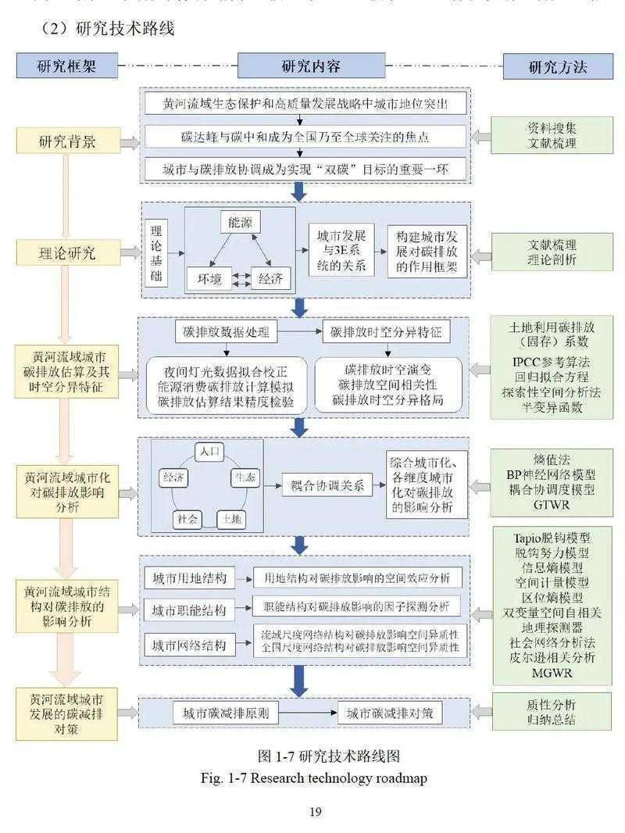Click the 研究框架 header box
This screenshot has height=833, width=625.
(66, 66)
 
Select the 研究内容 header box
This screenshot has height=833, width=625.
(311, 66)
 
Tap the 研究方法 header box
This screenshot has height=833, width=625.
(557, 66)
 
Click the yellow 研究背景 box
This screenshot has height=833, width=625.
(68, 141)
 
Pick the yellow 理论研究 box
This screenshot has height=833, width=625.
(68, 252)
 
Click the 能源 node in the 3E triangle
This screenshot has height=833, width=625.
(241, 223)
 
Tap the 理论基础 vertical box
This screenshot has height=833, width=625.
(155, 252)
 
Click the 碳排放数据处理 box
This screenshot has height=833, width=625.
(226, 332)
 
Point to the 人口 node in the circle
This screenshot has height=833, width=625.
(211, 452)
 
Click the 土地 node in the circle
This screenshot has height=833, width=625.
(231, 517)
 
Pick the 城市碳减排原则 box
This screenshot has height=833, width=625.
(226, 713)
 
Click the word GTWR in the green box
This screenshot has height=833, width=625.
(553, 506)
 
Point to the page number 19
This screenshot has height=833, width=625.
(315, 811)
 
